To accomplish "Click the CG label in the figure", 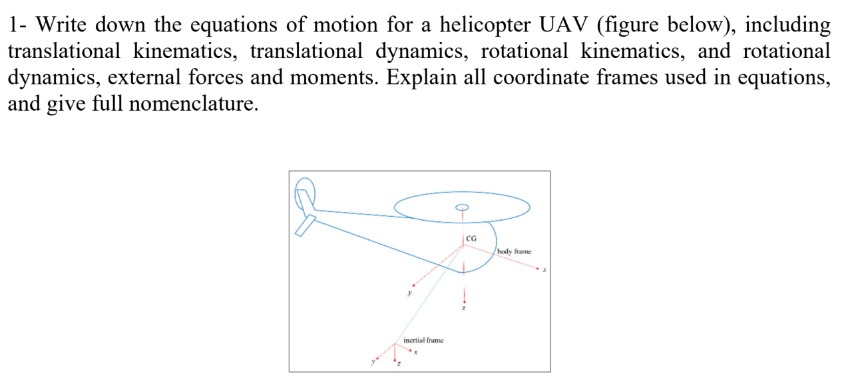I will (x=471, y=238).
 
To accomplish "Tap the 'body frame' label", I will (x=515, y=251).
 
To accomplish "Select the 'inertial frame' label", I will (x=423, y=340).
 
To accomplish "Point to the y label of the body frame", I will (x=410, y=292).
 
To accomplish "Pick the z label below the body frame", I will (x=464, y=307).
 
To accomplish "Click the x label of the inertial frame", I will (x=415, y=353).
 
